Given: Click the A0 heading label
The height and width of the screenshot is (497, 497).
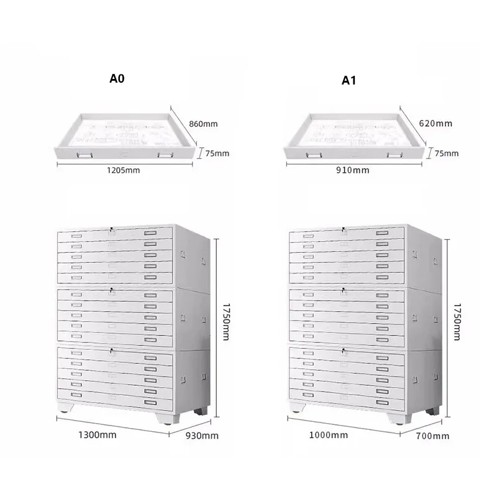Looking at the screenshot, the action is point(117,78).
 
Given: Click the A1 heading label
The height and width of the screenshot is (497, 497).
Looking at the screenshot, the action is point(349,80).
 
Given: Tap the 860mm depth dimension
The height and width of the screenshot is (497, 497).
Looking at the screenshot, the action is point(203,124).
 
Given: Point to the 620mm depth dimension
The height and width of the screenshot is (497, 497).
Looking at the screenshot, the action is point(436,123).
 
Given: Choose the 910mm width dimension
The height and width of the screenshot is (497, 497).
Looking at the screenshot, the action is point(352,170).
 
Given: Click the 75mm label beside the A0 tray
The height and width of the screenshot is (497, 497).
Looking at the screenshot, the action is point(217,153).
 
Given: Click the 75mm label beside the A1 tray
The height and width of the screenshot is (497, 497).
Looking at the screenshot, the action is point(447,153).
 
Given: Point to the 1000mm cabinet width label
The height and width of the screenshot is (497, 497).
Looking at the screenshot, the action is point(329,434).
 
